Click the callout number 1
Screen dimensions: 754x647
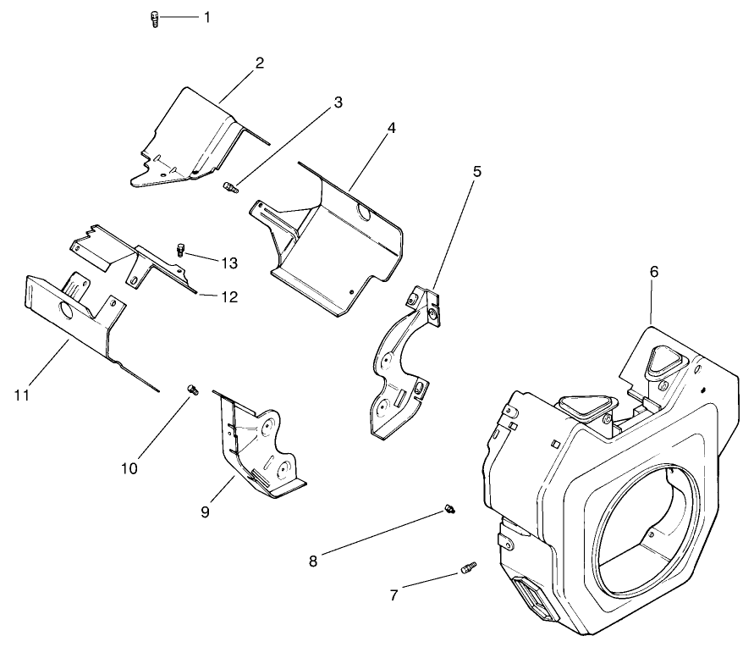(x=206, y=18)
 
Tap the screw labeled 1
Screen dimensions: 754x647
(x=154, y=20)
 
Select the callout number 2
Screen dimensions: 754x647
(x=260, y=63)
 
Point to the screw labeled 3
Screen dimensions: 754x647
(x=231, y=187)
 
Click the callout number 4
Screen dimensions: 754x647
(x=392, y=129)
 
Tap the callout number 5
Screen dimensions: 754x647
(x=476, y=172)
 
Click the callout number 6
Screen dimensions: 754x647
(x=654, y=272)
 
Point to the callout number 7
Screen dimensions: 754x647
(x=394, y=595)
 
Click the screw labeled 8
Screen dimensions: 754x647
(x=449, y=508)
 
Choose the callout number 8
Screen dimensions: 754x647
(x=313, y=561)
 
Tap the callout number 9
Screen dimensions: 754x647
(x=206, y=512)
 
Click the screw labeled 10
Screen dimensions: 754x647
(x=193, y=390)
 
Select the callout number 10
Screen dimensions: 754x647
(x=129, y=468)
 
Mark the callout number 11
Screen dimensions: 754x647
(x=22, y=395)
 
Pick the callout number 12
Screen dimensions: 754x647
(x=229, y=297)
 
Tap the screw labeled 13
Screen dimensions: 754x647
(x=181, y=250)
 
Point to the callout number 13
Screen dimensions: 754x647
(x=229, y=263)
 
